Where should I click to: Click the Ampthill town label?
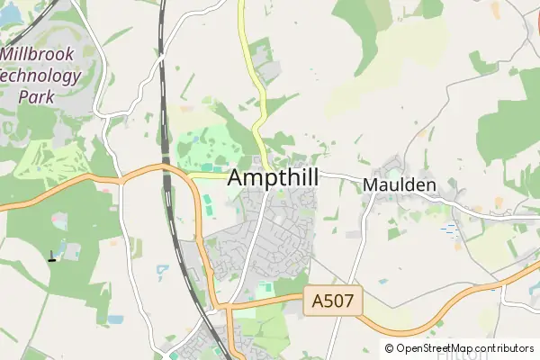[x=273, y=177]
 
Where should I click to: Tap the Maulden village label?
[x=400, y=185]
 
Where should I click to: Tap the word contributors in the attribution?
[x=505, y=348]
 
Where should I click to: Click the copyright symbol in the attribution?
[x=389, y=348]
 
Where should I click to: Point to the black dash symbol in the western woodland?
[x=51, y=261]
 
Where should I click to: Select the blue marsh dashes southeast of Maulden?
[x=447, y=230]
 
